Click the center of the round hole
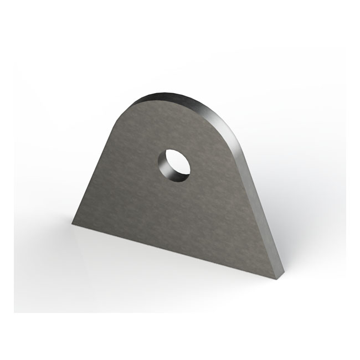[x=174, y=164]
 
